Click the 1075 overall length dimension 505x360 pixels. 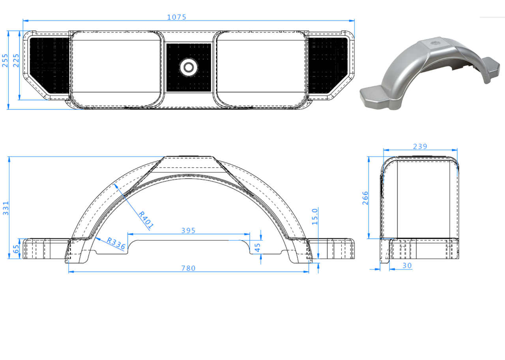pos(176,17)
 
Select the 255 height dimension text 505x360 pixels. pos(5,60)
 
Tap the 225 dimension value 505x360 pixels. pos(16,60)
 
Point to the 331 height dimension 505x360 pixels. pos(6,208)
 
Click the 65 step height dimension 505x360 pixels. pos(16,249)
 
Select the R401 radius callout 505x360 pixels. pos(146,220)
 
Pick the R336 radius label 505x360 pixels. pos(116,244)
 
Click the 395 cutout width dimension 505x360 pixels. pos(188,231)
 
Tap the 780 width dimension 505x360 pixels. pos(188,268)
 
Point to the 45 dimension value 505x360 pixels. pos(258,247)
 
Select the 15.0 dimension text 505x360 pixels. pos(315,216)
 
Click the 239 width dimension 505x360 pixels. pos(420,146)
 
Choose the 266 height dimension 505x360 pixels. pos(365,198)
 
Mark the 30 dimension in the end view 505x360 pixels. pos(407,266)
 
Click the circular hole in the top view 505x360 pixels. pos(188,67)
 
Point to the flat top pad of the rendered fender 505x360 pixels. pos(435,42)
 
